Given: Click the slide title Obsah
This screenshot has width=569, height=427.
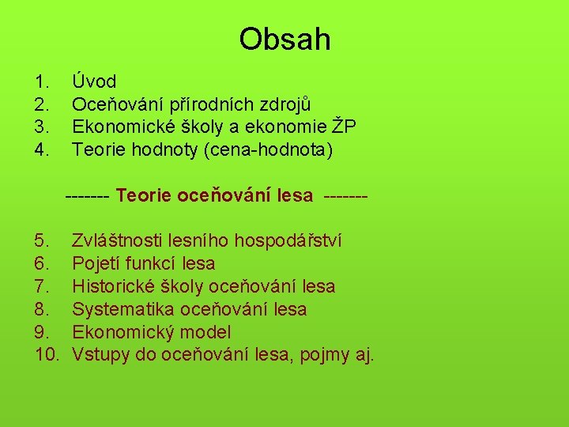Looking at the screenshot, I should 284,40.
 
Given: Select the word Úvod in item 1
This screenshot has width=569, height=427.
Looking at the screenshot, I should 94,81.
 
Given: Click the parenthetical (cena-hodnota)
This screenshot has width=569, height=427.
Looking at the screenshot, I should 269,149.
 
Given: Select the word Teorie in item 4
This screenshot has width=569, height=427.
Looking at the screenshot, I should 96,149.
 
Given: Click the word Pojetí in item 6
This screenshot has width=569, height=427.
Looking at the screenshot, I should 95,263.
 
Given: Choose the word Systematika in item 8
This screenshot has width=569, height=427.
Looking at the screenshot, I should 123,309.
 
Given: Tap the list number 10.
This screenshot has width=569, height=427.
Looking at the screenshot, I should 47,355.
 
